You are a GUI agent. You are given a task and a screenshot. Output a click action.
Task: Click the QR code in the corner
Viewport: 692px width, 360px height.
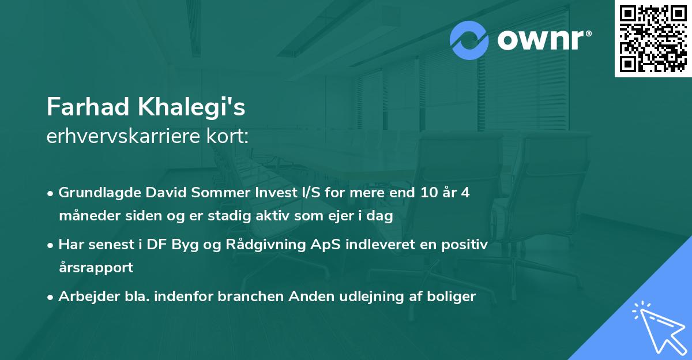pos(653,39)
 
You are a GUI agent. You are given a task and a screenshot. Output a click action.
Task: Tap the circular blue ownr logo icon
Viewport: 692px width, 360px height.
pos(469,40)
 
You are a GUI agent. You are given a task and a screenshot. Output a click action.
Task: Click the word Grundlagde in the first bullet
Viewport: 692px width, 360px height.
pos(95,193)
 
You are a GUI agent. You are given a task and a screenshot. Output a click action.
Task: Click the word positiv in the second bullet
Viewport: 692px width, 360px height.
pos(467,245)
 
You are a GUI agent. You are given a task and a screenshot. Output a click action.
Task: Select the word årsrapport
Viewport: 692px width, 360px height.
pos(96,268)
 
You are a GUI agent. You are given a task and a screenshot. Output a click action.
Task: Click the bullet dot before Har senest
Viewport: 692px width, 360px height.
pos(51,245)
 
